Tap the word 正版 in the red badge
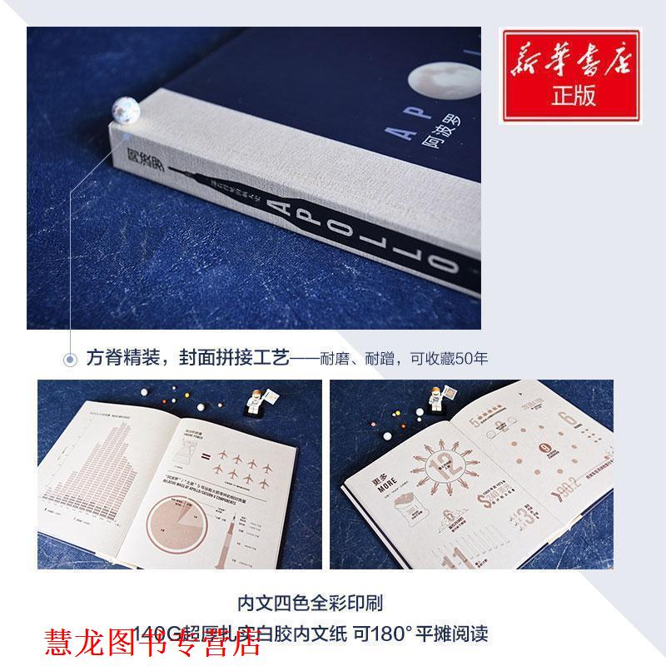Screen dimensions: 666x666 pyautogui.click(x=574, y=96)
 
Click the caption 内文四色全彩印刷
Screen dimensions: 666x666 pyautogui.click(x=332, y=601)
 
